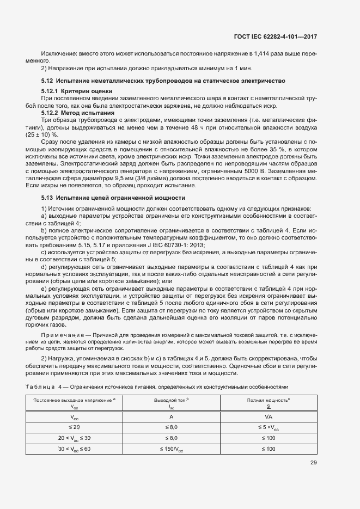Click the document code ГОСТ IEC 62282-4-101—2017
pos(275,36)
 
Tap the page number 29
pos(313,463)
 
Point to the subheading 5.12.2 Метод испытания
pos(78,113)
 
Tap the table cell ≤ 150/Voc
pos(171,449)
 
